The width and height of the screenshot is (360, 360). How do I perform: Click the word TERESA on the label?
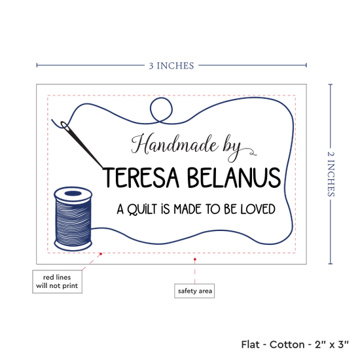pos(141,177)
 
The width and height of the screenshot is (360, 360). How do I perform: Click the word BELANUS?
pos(234,177)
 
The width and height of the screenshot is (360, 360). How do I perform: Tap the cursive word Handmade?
pos(175,145)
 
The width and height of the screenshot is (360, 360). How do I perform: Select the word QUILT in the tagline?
pos(142,209)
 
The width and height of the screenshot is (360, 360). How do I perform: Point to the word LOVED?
pos(258,209)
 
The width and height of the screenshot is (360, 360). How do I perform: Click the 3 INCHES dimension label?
pos(171,66)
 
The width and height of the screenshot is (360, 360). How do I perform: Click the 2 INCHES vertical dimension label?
pos(331,174)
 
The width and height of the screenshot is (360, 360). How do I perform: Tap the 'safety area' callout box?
pos(194,291)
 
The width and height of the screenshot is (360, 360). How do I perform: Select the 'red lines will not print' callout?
pos(57,281)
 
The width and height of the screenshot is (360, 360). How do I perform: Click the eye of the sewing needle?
pos(65,126)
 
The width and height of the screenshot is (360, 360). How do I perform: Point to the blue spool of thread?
pos(73,219)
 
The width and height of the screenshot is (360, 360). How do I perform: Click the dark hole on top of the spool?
pos(73,193)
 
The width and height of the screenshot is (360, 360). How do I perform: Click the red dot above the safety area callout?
pos(194,259)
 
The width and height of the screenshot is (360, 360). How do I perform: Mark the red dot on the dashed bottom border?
pos(101,254)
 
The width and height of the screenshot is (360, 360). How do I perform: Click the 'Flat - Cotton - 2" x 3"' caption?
pos(295,344)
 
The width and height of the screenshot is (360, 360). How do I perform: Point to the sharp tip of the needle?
pos(103,168)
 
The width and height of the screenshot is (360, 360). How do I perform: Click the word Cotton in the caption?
pos(287,344)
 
